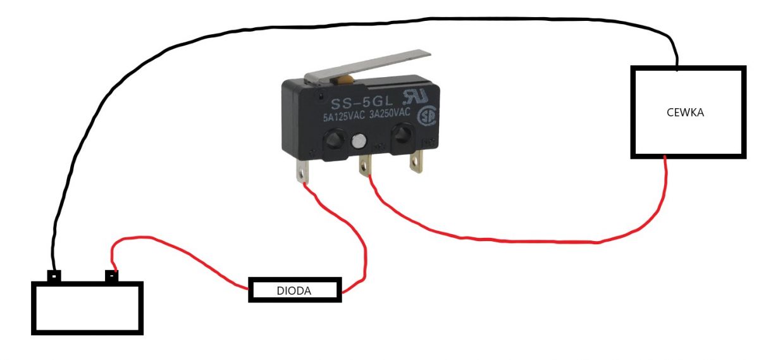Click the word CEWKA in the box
[685, 113]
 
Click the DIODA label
[293, 291]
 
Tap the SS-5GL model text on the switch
[362, 102]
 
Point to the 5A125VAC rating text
[343, 116]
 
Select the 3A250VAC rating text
[390, 113]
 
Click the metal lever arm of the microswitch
[367, 66]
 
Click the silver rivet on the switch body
[359, 141]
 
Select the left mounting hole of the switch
[333, 140]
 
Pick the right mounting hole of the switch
[402, 134]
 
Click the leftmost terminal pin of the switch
[302, 171]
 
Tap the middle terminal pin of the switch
[366, 165]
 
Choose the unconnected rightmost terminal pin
[416, 161]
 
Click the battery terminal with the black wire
[54, 276]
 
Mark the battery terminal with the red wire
[112, 276]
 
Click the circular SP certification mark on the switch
[428, 116]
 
